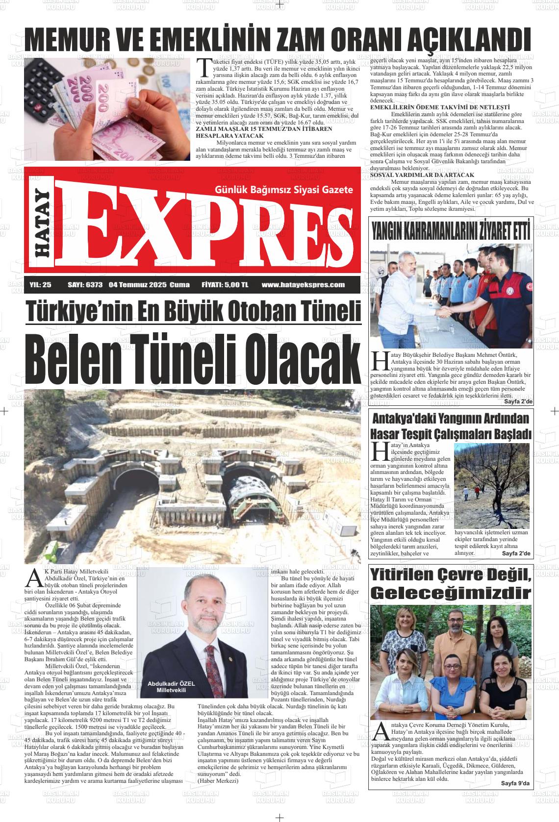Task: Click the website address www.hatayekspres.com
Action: [303, 284]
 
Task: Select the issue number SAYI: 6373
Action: [85, 284]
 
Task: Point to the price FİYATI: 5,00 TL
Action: [225, 284]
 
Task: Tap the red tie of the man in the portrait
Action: [210, 666]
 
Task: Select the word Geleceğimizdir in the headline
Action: [451, 592]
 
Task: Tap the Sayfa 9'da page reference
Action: [515, 783]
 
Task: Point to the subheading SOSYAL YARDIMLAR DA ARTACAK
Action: [422, 175]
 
